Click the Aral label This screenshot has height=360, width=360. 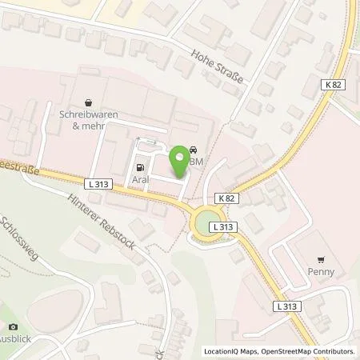pos(142,181)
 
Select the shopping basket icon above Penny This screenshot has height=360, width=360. pos(322,259)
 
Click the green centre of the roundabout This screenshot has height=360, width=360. pos(206,218)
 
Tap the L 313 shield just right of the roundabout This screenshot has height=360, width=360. pos(225,227)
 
